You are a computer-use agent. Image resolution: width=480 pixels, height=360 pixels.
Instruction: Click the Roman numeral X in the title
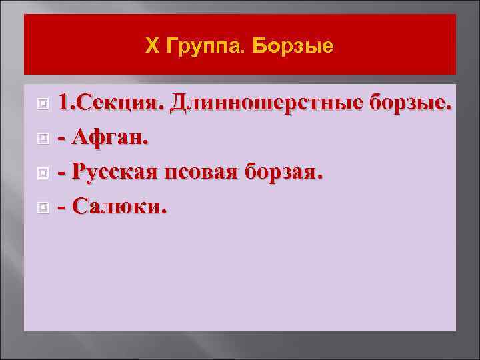coord(151,47)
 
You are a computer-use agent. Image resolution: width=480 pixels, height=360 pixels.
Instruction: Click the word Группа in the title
coord(197,47)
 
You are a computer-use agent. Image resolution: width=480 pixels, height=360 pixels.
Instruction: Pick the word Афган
coord(111,138)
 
